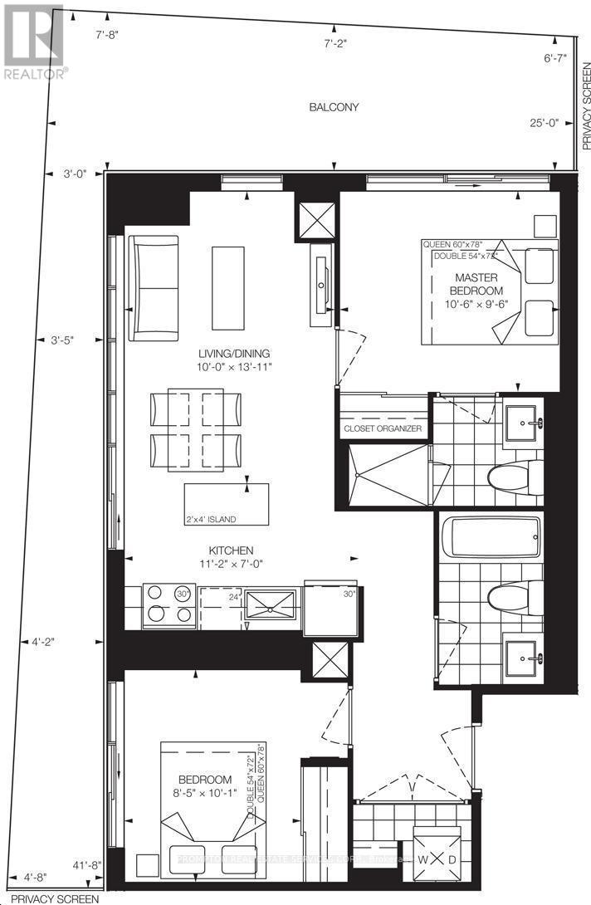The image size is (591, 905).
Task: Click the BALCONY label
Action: [x=334, y=107]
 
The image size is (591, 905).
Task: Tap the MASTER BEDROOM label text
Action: [x=476, y=284]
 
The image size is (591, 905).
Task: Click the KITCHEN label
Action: [x=231, y=550]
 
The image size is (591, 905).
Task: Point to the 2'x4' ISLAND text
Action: [x=211, y=520]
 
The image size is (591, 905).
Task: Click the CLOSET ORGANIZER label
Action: [x=383, y=429]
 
